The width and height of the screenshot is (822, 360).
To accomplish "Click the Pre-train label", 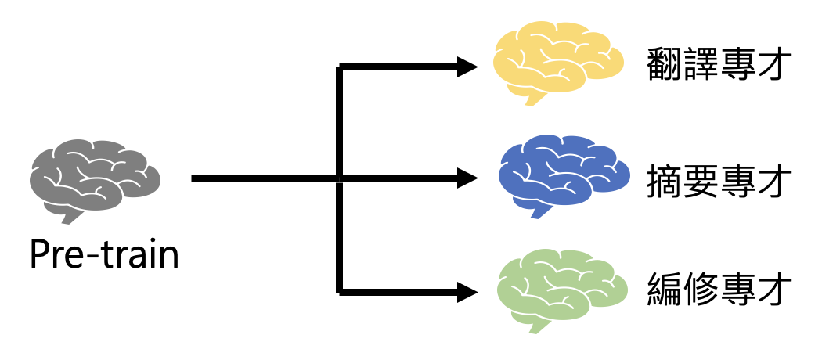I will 104,254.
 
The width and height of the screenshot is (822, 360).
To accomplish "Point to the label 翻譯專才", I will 716,65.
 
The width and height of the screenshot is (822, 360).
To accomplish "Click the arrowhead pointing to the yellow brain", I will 468,67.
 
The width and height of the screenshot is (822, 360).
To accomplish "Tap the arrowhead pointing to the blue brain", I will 468,178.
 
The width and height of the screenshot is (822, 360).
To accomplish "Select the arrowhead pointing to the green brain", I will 468,293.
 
